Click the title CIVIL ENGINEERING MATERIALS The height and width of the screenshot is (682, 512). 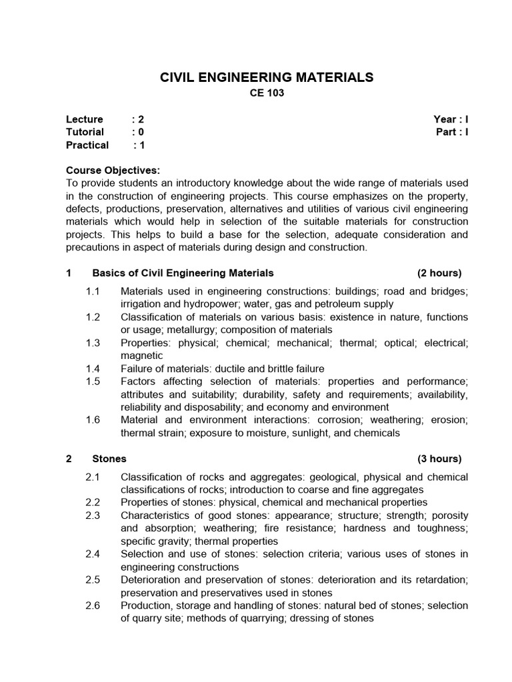tap(267, 78)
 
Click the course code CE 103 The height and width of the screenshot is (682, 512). tap(267, 94)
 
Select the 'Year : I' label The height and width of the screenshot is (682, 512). tap(451, 119)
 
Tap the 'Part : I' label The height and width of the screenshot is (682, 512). tap(451, 132)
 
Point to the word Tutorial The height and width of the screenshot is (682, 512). tap(85, 132)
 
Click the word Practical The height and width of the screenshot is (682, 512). tap(87, 145)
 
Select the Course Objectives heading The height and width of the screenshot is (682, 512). tap(113, 170)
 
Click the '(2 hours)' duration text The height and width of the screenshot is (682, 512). tap(439, 273)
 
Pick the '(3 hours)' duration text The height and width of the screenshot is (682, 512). tap(439, 459)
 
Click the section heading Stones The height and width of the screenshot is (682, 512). tap(109, 459)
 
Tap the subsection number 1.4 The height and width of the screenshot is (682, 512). tap(93, 368)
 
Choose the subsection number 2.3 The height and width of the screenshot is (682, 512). tap(93, 515)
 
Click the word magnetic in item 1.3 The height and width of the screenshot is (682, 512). tap(141, 356)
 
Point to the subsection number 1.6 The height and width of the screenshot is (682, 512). tap(93, 420)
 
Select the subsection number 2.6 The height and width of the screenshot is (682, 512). tap(93, 605)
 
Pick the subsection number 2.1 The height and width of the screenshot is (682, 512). tap(93, 477)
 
